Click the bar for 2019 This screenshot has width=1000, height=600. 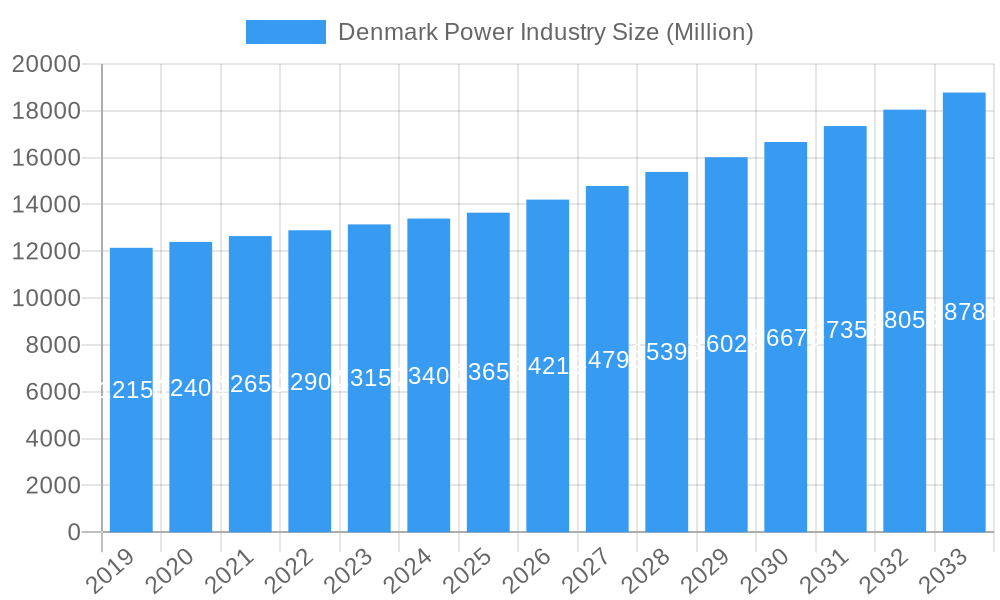pyautogui.click(x=131, y=390)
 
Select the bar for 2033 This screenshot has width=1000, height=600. pyautogui.click(x=964, y=312)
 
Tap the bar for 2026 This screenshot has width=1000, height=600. pyautogui.click(x=548, y=366)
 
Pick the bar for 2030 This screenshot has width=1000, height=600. pyautogui.click(x=786, y=337)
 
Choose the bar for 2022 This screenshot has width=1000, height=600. pyautogui.click(x=310, y=381)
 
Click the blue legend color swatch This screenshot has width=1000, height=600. pyautogui.click(x=286, y=32)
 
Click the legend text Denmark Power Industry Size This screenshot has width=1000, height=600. pyautogui.click(x=545, y=32)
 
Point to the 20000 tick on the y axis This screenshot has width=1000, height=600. pyautogui.click(x=46, y=64)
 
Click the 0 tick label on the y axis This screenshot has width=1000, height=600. pyautogui.click(x=74, y=533)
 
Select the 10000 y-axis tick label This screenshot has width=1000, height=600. pyautogui.click(x=46, y=298)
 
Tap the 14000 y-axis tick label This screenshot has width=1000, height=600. pyautogui.click(x=46, y=205)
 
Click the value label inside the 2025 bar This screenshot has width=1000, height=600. pyautogui.click(x=488, y=372)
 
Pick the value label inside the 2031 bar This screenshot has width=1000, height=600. pyautogui.click(x=845, y=330)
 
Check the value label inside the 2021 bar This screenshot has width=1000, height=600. pyautogui.click(x=250, y=384)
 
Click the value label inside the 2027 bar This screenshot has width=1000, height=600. pyautogui.click(x=607, y=360)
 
